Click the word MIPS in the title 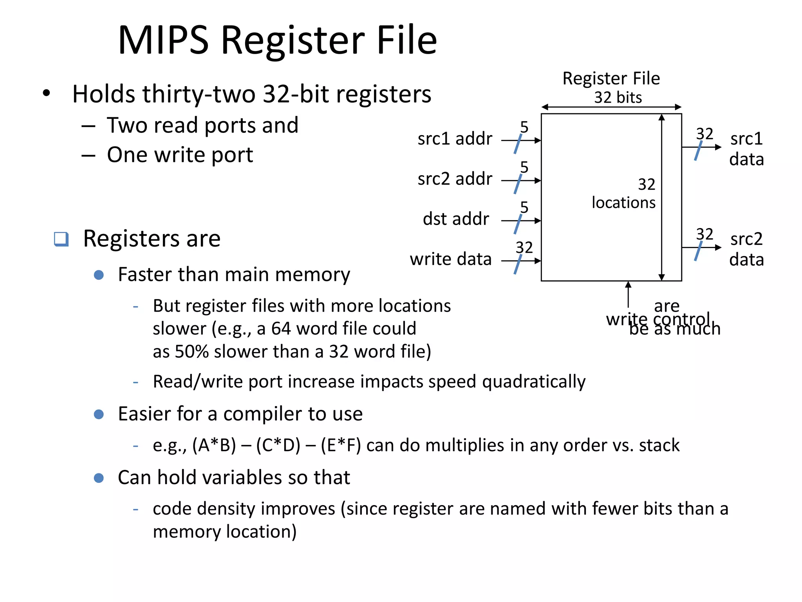pos(163,40)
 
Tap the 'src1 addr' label pos(454,139)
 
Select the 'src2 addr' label pos(454,179)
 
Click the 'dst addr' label pos(456,219)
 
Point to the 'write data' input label pos(450,259)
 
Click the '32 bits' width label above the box pos(618,98)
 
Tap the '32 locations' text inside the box pos(623,194)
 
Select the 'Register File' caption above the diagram pos(611,78)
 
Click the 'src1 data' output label pos(746,149)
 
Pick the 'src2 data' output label pos(746,249)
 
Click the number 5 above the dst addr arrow pos(524,207)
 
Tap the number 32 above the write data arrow pos(524,248)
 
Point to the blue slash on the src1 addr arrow pos(518,143)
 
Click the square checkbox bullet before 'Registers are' pos(61,239)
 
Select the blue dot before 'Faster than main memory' pos(99,275)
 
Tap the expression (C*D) pos(278,446)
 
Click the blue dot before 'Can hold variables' pos(99,478)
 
